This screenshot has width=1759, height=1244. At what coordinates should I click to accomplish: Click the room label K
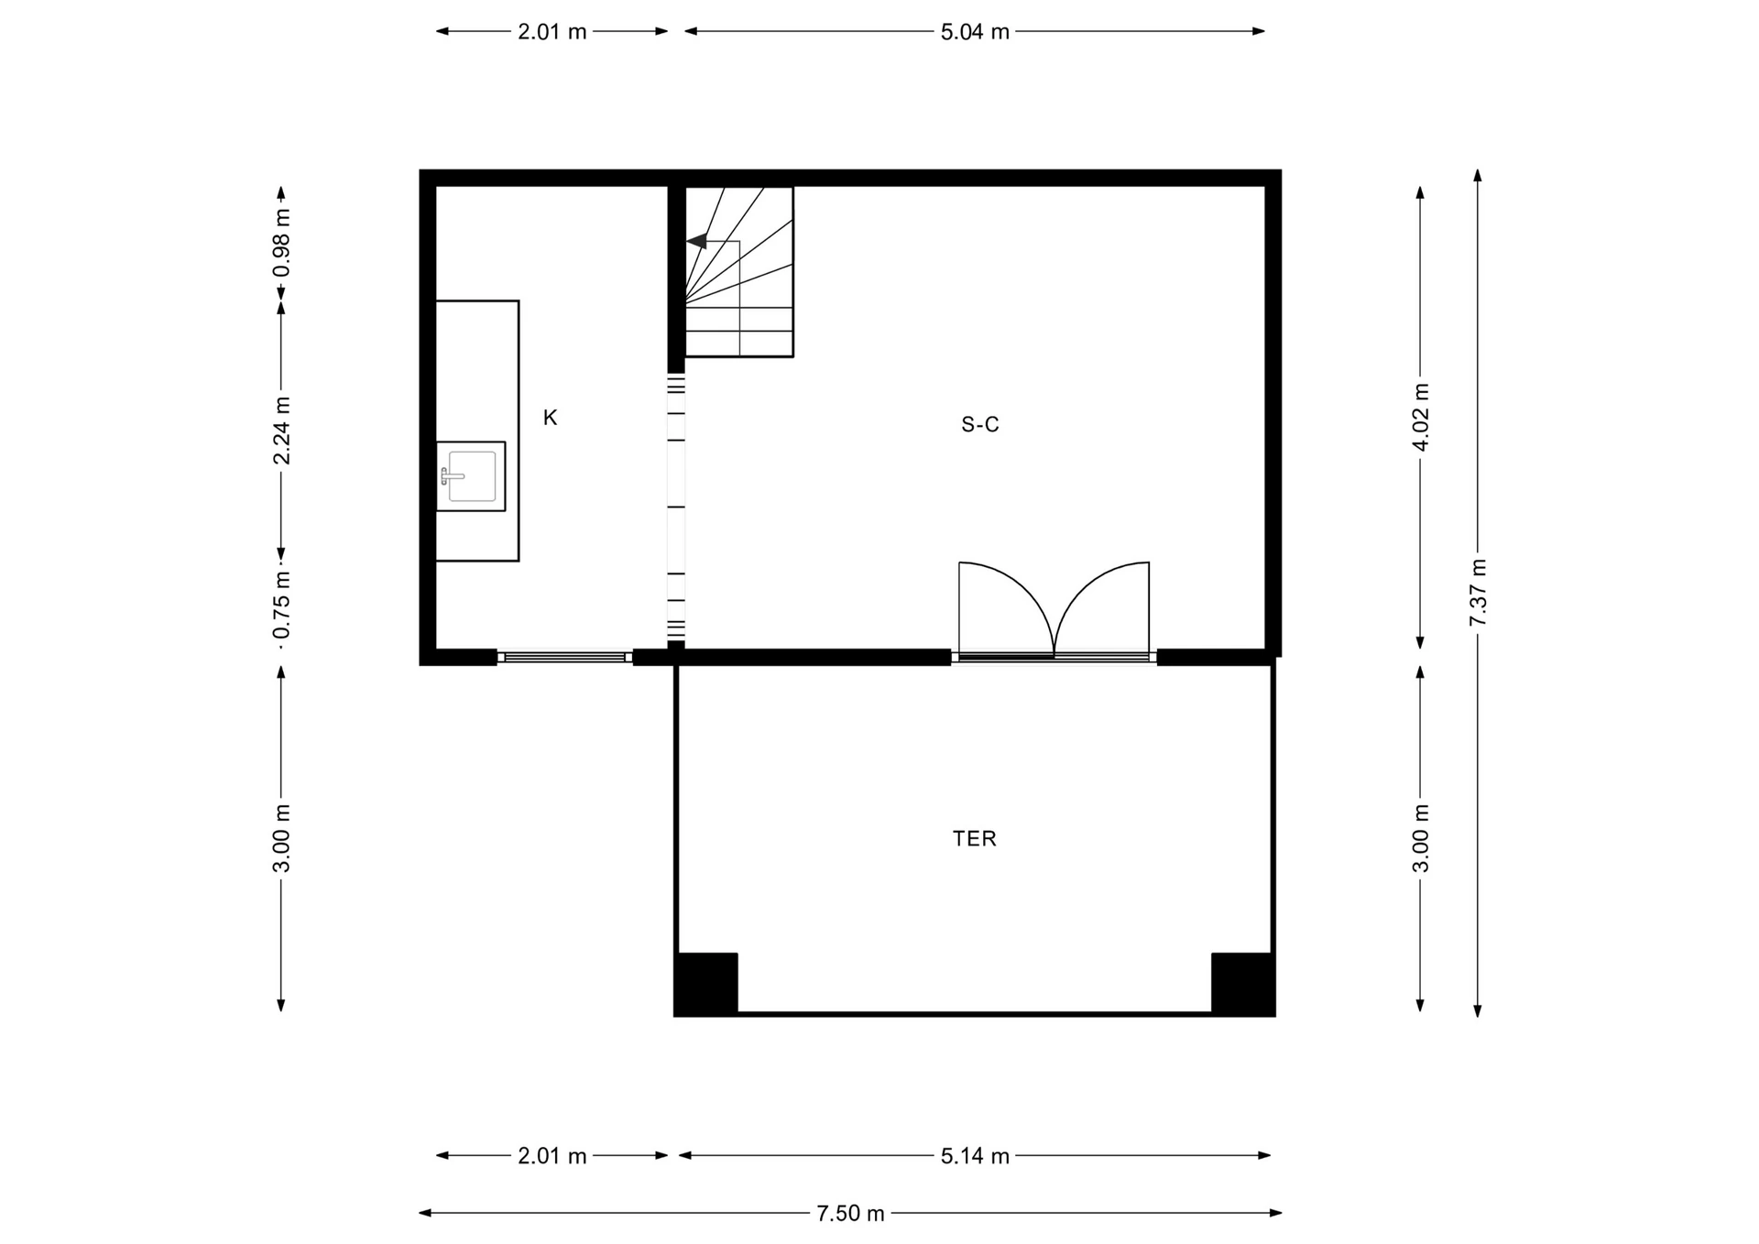click(550, 418)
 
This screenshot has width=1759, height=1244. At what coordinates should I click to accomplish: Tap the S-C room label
click(979, 424)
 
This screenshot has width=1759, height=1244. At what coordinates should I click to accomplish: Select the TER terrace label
click(974, 838)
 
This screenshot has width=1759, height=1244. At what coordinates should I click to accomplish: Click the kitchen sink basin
click(472, 476)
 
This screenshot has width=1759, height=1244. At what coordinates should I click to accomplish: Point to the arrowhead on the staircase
click(696, 241)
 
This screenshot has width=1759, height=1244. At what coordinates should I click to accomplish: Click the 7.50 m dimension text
click(850, 1213)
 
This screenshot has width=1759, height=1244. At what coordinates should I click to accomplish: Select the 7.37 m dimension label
click(1477, 592)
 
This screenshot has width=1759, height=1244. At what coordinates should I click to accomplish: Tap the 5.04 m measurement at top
click(975, 31)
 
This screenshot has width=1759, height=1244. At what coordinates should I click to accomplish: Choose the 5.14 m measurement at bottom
click(975, 1156)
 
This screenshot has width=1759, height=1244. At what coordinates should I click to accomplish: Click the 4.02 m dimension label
click(1420, 417)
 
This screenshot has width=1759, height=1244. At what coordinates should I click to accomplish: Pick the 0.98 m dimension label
click(281, 243)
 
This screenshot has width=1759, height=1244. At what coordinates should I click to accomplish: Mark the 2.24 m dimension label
click(281, 431)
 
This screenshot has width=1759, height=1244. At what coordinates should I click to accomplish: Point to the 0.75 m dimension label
click(281, 605)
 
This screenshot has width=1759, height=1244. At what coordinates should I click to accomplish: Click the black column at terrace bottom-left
click(706, 984)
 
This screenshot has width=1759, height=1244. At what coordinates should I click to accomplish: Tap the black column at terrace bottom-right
click(1242, 984)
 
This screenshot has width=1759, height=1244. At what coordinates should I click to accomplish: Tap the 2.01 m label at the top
click(552, 31)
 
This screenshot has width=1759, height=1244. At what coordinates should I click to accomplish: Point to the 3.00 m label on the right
click(1420, 838)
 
